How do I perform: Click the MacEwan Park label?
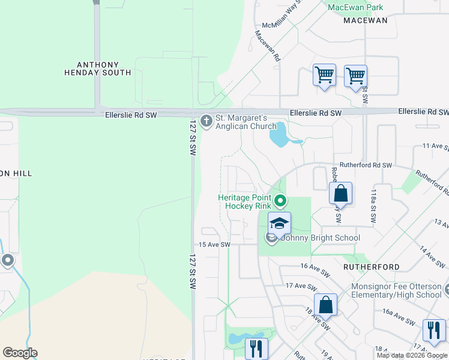click(355, 7)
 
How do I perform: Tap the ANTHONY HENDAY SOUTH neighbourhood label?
click(97, 68)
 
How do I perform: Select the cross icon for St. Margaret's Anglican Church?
click(206, 122)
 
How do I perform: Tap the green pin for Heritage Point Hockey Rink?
click(280, 200)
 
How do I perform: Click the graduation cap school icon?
click(279, 223)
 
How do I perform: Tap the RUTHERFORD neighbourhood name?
click(371, 266)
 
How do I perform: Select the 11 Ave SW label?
click(435, 146)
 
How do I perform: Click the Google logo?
click(20, 353)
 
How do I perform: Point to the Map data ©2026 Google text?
click(412, 355)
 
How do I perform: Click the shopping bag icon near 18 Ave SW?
click(325, 304)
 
